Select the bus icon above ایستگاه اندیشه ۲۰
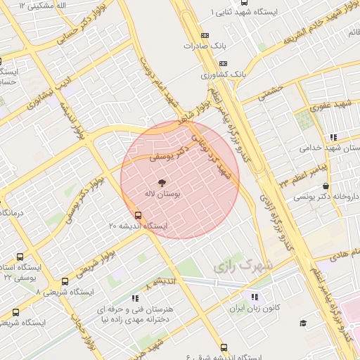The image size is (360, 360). pyautogui.click(x=137, y=215)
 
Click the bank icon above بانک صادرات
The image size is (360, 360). pyautogui.click(x=205, y=35)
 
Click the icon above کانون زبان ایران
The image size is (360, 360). pyautogui.click(x=254, y=297)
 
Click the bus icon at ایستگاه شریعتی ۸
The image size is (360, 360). pyautogui.click(x=65, y=282)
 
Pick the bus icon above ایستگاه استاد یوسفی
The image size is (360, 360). pyautogui.click(x=19, y=257)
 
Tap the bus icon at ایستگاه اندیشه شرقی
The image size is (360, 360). pyautogui.click(x=224, y=347)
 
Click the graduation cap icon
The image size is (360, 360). pyautogui.click(x=303, y=323)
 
